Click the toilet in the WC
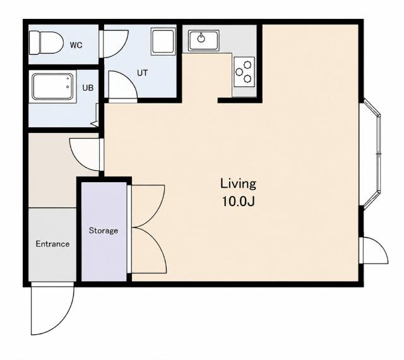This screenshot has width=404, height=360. click(46, 43)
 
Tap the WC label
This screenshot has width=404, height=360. click(76, 45)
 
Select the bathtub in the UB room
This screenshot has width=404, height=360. click(52, 86)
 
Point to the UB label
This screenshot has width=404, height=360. click(88, 88)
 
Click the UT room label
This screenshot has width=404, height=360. click(142, 73)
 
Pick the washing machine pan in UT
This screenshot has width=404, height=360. click(163, 41)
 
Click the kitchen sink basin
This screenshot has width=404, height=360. click(203, 40)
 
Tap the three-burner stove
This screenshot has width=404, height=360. click(244, 72)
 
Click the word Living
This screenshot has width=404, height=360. click(239, 184)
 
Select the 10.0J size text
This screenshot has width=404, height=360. click(239, 201)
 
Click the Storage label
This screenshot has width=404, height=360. click(104, 230)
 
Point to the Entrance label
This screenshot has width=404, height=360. click(52, 244)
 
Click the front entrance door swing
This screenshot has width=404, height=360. click(52, 309)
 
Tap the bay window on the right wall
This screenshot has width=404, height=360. click(372, 154)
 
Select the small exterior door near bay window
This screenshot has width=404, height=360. click(374, 250)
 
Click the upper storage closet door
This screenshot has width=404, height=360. click(148, 206)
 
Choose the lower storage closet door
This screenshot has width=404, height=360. click(149, 250)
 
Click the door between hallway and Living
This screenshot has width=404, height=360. click(85, 154)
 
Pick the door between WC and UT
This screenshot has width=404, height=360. click(116, 44)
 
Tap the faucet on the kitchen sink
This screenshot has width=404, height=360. click(201, 38)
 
